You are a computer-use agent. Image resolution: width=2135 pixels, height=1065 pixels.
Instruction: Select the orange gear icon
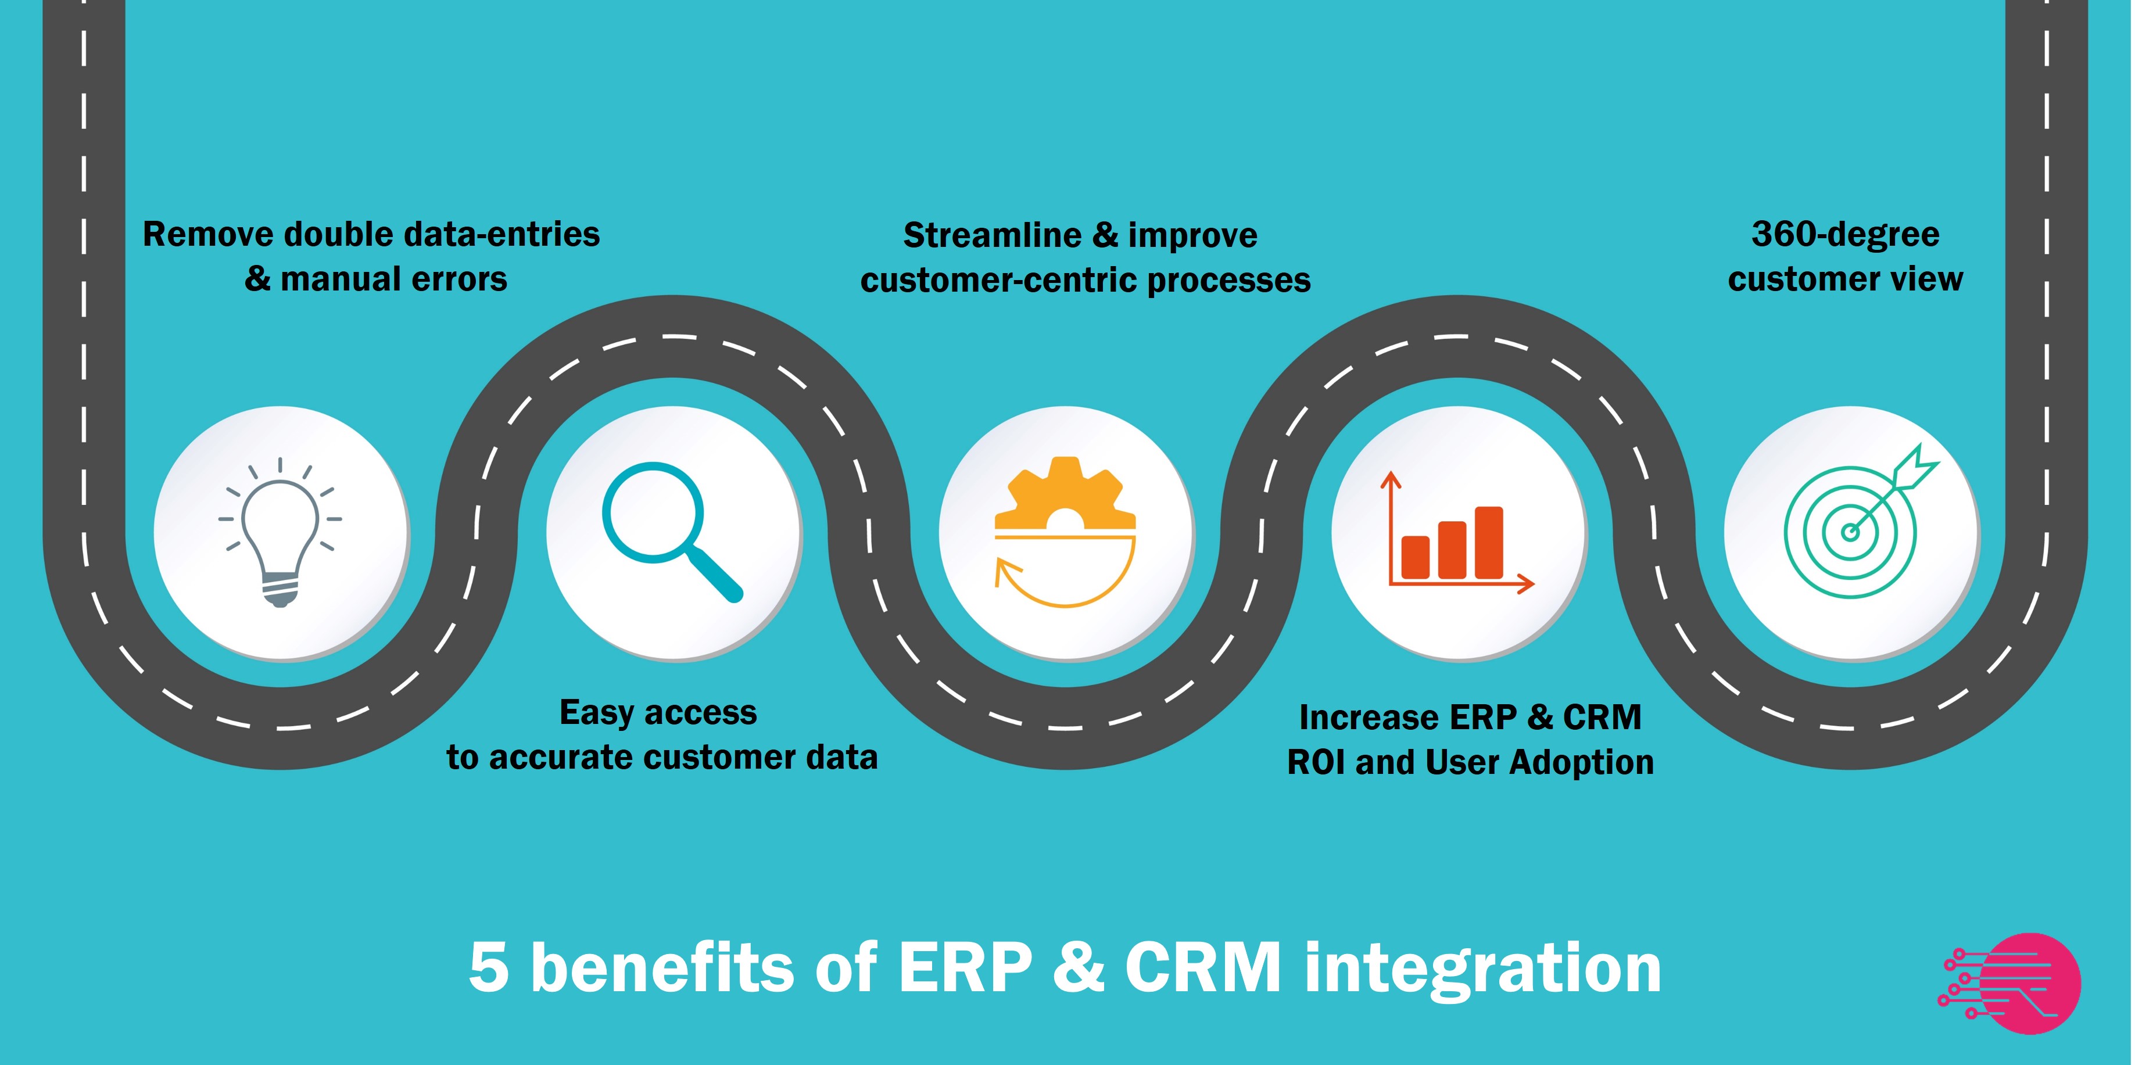click(1065, 495)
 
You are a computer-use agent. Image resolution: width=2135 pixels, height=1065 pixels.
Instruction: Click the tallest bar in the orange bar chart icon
click(1489, 542)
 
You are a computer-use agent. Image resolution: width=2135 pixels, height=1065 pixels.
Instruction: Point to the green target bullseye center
click(1850, 532)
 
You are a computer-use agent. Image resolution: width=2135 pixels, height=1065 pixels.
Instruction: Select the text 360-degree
click(1845, 235)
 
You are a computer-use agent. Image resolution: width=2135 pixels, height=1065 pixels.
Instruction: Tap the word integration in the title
click(1483, 967)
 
